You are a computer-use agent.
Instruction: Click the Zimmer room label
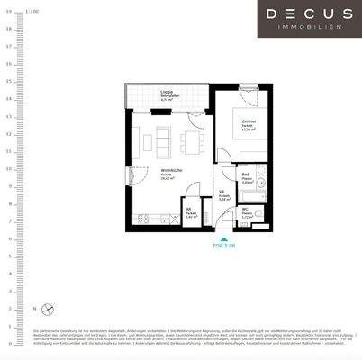click(249, 125)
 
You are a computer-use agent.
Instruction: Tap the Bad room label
click(245, 179)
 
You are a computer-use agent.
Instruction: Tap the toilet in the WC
click(258, 214)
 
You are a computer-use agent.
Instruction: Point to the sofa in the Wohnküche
click(135, 139)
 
